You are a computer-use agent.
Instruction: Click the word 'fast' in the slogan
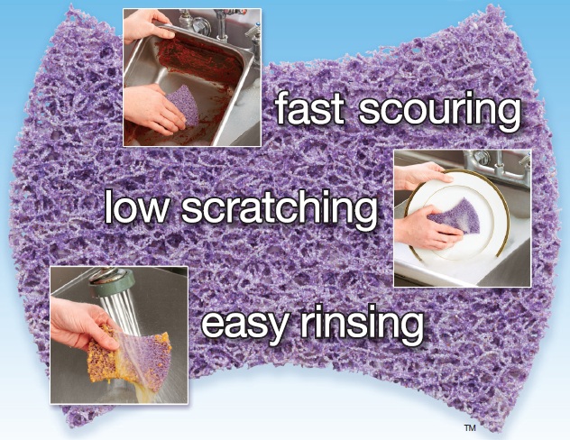point(309,107)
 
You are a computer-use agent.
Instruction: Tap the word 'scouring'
point(440,111)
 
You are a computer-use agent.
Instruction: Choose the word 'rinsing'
point(362,324)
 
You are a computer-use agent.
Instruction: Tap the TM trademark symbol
point(470,428)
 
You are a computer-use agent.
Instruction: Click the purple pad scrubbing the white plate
point(458,216)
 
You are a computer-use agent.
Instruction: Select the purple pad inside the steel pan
point(184,105)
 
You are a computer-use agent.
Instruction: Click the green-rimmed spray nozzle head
point(112,281)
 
